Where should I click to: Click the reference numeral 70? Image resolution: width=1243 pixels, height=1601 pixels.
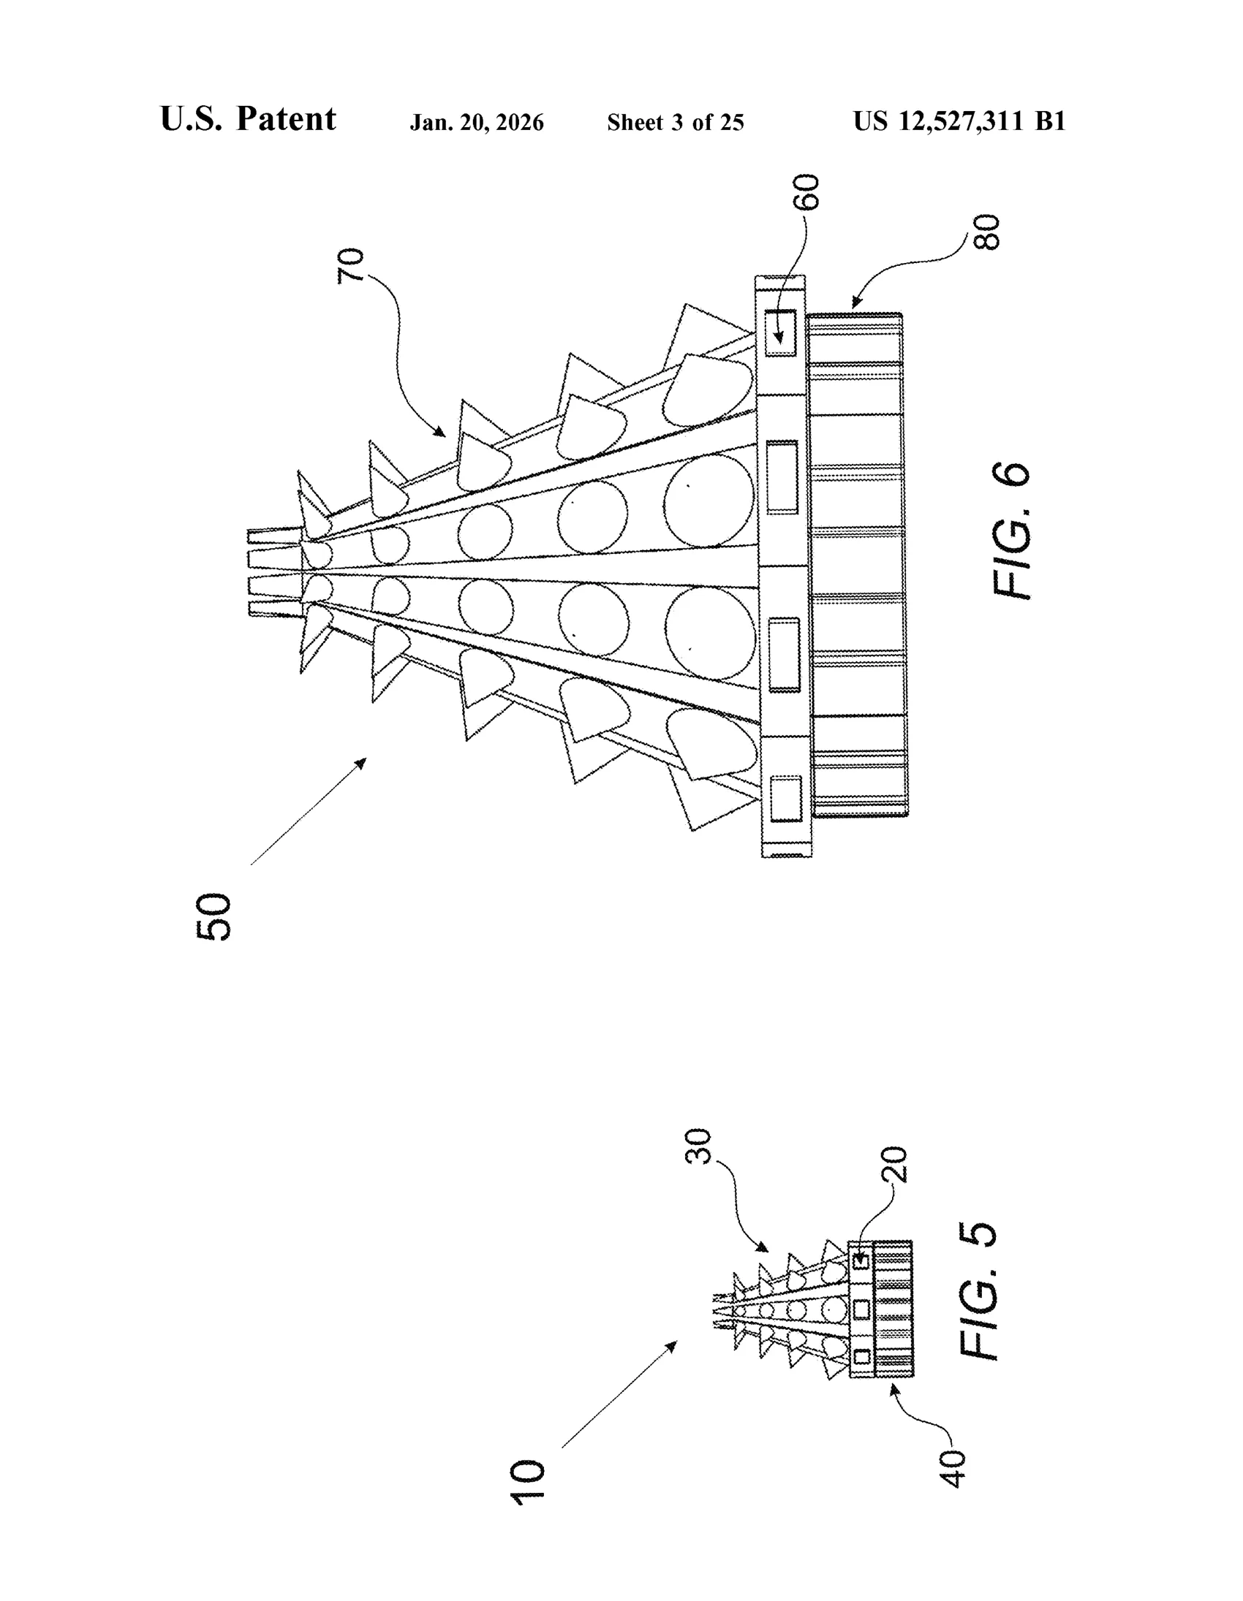click(350, 266)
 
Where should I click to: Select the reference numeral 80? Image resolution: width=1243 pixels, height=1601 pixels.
click(986, 232)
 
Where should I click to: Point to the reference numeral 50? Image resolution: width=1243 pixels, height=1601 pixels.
click(214, 916)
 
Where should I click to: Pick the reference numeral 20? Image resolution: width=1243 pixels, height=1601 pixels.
click(894, 1165)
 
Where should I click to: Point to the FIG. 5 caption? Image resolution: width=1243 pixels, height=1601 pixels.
click(978, 1291)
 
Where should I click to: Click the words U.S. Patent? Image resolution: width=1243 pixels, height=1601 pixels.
click(248, 119)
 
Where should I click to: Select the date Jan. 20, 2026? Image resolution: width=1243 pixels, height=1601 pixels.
click(477, 123)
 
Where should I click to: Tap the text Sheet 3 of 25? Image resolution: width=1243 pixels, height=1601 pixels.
click(676, 123)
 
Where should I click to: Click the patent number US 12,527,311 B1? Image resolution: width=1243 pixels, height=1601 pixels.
click(959, 121)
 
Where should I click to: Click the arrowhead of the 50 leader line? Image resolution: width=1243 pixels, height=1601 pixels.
click(362, 761)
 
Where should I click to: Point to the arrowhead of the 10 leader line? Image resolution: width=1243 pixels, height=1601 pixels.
click(673, 1345)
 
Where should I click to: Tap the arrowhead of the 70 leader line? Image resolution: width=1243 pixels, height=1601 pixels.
click(442, 433)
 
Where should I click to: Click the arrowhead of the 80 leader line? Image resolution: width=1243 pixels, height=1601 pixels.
click(853, 303)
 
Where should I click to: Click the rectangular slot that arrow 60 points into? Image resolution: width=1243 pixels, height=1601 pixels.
click(780, 332)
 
